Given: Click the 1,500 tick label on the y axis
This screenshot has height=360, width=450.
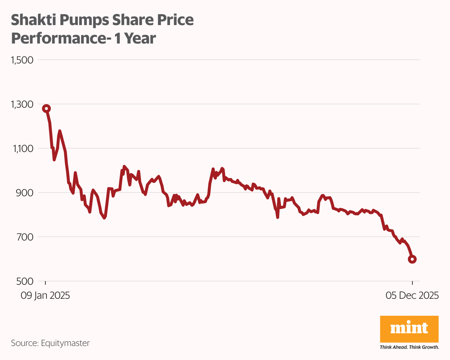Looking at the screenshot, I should (22, 60).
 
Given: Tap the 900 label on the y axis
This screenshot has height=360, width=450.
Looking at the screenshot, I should (25, 193).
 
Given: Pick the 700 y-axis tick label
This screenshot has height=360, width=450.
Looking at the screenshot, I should (25, 237).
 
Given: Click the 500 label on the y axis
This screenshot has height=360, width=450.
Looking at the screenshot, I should (25, 281).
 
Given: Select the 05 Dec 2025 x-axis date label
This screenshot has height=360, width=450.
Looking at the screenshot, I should (412, 295).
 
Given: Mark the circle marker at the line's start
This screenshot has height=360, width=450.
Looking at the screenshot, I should (46, 108).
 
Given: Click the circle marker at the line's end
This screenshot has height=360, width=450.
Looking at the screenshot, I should (412, 259).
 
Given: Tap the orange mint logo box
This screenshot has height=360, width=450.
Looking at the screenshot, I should (409, 329).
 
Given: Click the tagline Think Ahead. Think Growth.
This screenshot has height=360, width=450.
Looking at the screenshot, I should (409, 347).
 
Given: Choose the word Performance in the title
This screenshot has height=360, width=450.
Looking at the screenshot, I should (59, 38).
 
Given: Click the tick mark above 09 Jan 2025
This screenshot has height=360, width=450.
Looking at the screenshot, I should (46, 284).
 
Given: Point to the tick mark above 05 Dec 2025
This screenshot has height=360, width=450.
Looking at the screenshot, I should (412, 284).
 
